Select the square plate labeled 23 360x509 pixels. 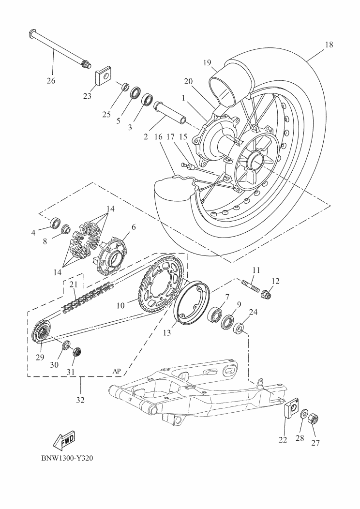(103, 75)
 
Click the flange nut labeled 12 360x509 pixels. (266, 293)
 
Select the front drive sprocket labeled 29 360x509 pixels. (40, 334)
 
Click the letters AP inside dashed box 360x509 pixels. (117, 371)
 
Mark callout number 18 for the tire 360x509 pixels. (329, 45)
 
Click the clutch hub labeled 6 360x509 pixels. (112, 252)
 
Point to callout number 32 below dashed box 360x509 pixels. (80, 400)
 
